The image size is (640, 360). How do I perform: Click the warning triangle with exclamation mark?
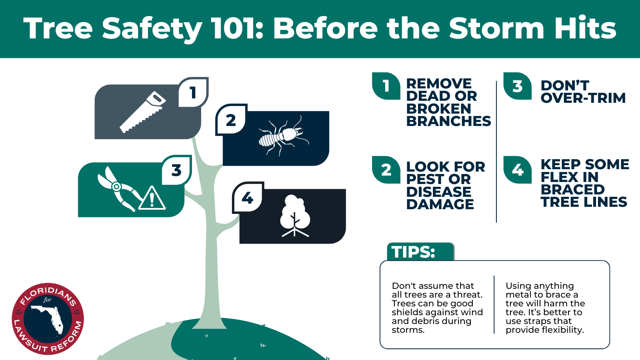point(152,198)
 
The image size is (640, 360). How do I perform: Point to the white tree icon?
point(295,216)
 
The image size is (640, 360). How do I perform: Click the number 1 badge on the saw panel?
point(193,92)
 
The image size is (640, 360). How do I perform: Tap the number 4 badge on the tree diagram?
point(248,198)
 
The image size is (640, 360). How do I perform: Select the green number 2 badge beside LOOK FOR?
point(386,170)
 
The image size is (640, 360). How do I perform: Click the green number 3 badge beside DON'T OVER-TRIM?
point(518,86)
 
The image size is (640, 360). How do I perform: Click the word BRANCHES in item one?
point(448,121)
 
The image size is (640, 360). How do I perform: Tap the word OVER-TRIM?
point(583,98)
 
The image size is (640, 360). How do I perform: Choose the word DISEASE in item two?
point(439,192)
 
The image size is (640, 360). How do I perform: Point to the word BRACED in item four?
point(572,189)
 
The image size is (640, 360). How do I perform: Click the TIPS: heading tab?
point(414,252)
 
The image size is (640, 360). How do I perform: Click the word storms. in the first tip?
point(408,330)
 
